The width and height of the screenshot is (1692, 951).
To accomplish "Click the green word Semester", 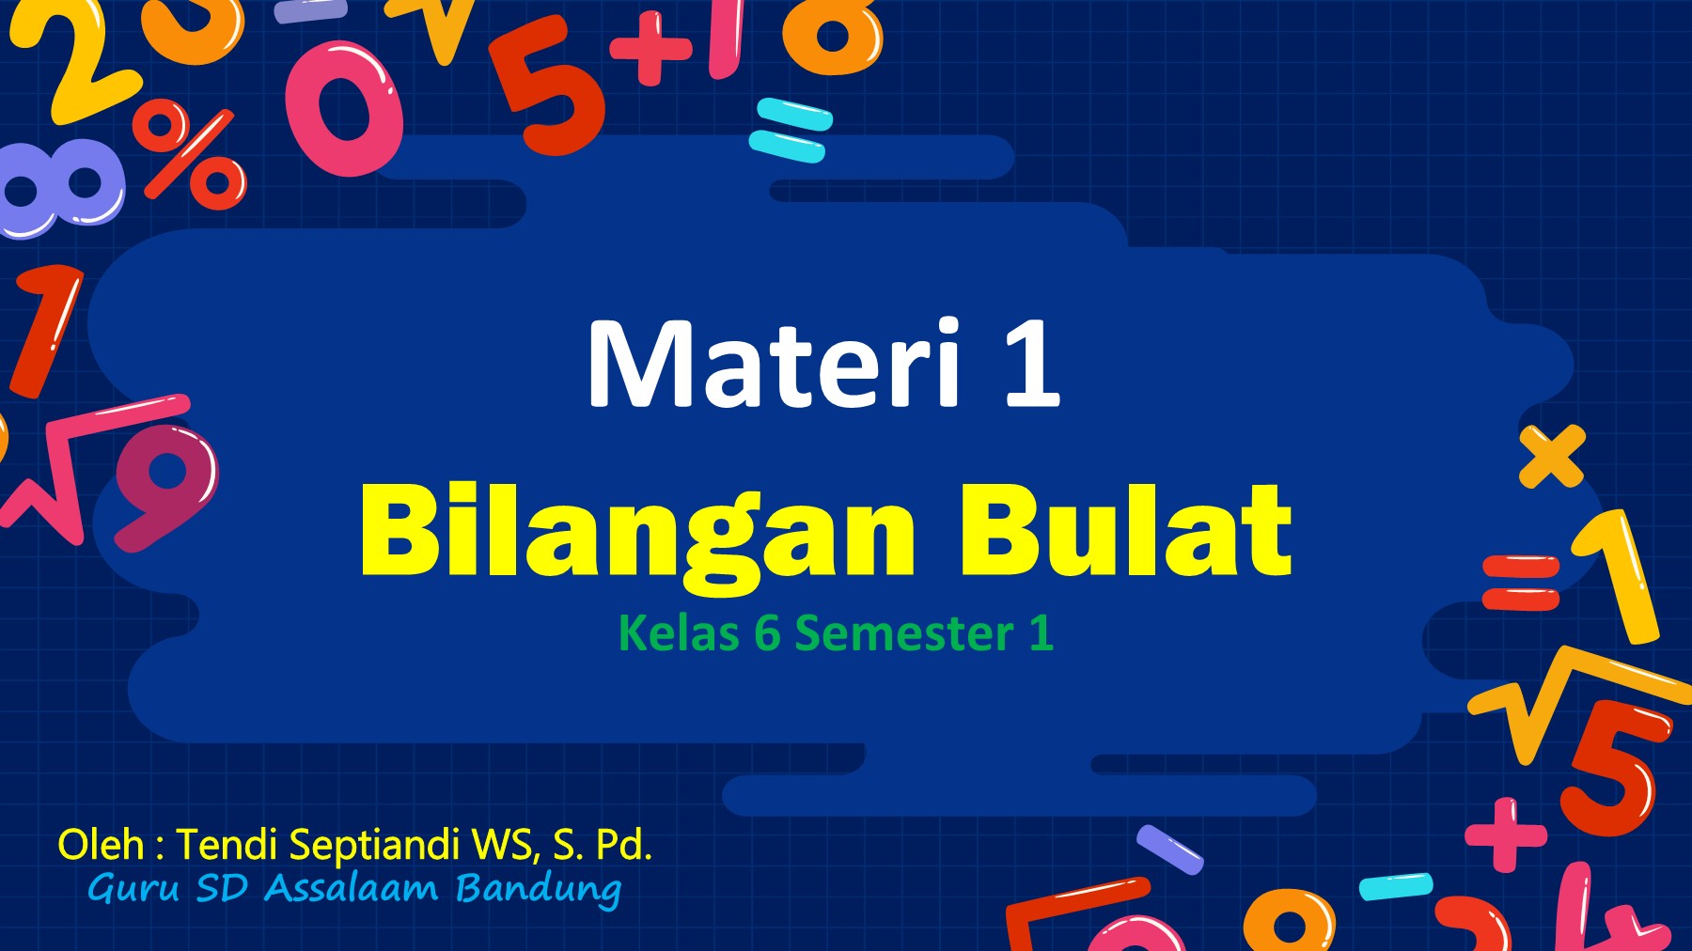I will click(904, 633).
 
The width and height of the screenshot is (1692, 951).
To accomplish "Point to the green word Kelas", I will click(679, 633).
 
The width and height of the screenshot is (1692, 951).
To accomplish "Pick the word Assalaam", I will click(351, 888).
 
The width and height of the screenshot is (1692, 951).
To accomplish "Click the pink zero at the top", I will click(344, 109).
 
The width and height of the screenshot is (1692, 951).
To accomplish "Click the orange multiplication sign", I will click(1552, 456).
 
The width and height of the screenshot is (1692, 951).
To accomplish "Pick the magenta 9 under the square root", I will click(165, 484).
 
